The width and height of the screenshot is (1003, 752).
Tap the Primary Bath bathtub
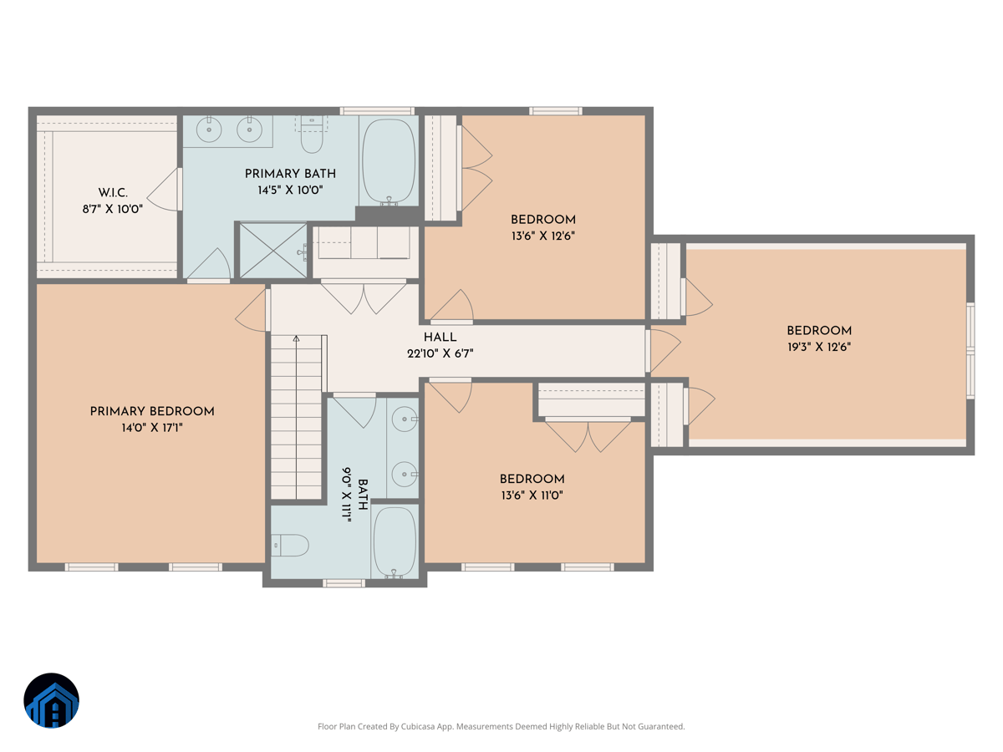point(388,160)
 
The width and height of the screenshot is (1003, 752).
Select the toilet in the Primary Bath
point(312,135)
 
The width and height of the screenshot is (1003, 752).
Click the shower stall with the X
point(272,249)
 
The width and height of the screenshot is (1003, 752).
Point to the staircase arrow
point(296,339)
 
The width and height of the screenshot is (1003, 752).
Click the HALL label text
point(440,338)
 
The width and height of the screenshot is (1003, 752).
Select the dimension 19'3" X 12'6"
point(818,347)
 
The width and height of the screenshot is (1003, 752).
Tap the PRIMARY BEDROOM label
point(152,412)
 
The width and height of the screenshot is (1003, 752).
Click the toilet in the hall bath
point(290,546)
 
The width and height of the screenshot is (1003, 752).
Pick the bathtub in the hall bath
point(395,541)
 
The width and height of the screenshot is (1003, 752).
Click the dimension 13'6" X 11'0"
point(532,495)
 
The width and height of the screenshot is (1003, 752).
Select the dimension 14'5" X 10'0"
point(290,190)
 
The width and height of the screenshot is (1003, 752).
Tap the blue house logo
point(51,700)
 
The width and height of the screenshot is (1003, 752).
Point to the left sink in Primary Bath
point(208,129)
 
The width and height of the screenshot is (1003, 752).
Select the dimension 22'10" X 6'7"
point(440,353)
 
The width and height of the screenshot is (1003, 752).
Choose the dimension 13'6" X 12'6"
point(543,236)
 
